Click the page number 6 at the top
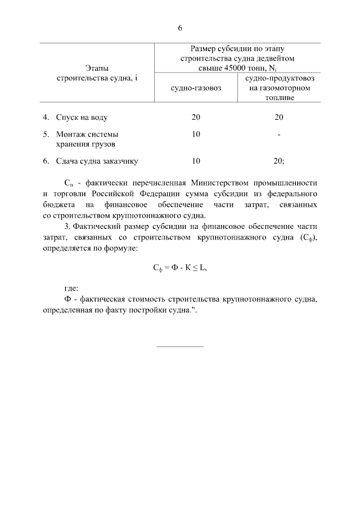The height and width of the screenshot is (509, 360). (x=180, y=28)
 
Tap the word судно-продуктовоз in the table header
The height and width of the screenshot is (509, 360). (x=279, y=79)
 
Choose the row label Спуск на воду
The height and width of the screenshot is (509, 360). (x=82, y=118)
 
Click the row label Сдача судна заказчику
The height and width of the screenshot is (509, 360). (x=97, y=161)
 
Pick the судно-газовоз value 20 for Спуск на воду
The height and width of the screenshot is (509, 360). (x=196, y=118)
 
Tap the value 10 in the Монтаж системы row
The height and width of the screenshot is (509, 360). (x=196, y=134)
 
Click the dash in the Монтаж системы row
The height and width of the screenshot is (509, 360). (x=279, y=135)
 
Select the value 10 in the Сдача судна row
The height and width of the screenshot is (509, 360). (x=196, y=161)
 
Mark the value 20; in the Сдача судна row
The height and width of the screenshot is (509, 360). (x=279, y=161)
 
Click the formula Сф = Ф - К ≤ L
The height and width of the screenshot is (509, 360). (x=180, y=268)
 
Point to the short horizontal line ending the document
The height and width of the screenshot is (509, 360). (x=180, y=346)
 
